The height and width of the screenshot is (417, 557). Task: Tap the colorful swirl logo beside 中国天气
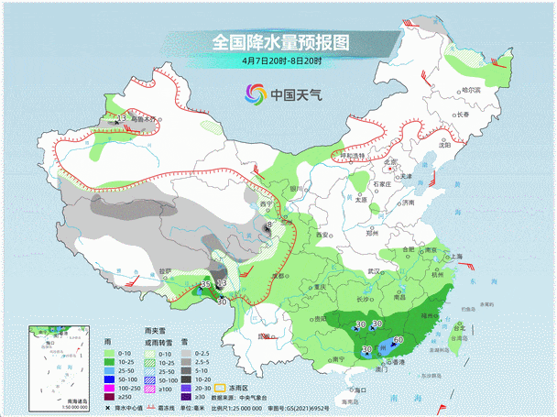(255, 93)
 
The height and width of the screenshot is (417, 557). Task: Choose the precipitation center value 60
(399, 341)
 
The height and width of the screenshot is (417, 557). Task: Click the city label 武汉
(372, 271)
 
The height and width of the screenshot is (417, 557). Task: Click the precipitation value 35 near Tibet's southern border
(205, 286)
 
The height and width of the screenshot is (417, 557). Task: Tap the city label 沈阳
(445, 145)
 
